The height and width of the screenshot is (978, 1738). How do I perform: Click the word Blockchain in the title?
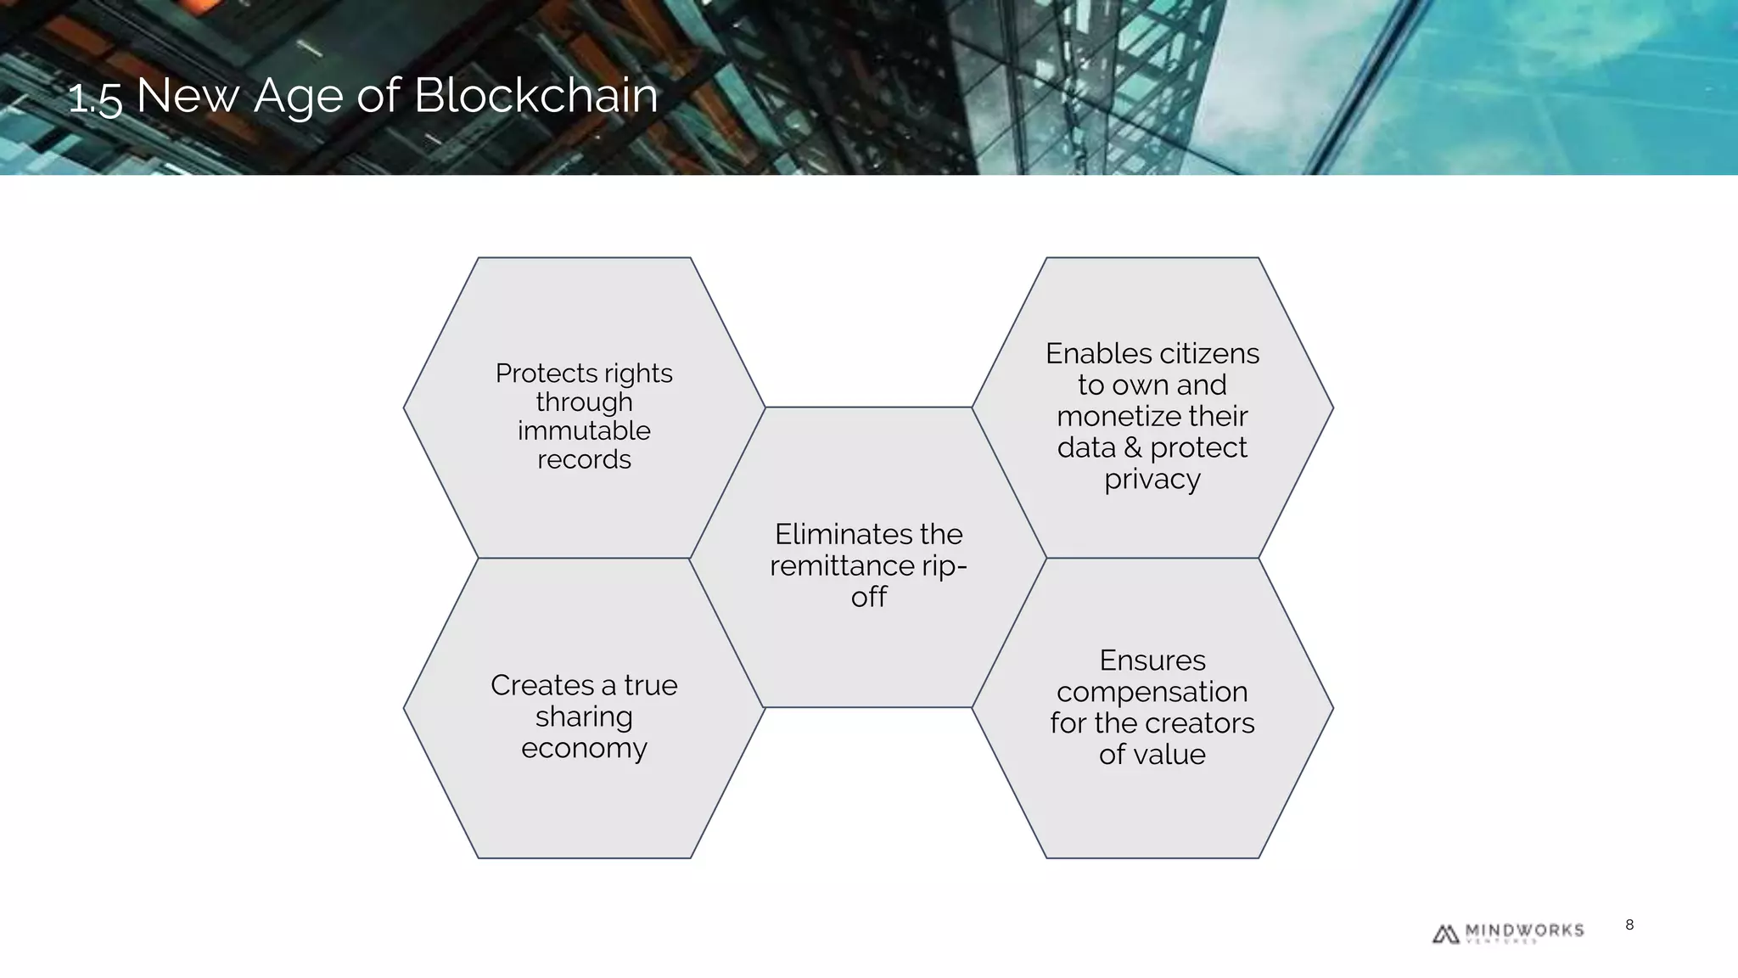(535, 95)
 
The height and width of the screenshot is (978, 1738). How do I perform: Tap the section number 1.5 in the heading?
(95, 98)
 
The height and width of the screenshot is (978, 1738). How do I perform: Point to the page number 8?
(1629, 925)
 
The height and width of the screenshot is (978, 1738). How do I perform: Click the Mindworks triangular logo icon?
(1445, 934)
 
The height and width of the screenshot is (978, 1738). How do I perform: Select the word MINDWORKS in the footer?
(1524, 930)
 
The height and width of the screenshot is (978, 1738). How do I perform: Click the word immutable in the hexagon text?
(584, 430)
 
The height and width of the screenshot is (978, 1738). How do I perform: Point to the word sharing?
(584, 717)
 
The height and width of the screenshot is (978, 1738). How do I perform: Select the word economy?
(584, 748)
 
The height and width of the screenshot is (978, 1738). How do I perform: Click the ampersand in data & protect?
(1133, 447)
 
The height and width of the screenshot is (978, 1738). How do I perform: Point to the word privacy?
(1152, 480)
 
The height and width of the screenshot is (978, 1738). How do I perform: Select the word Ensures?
(1152, 660)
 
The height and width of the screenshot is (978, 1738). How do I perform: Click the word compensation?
(1152, 692)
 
